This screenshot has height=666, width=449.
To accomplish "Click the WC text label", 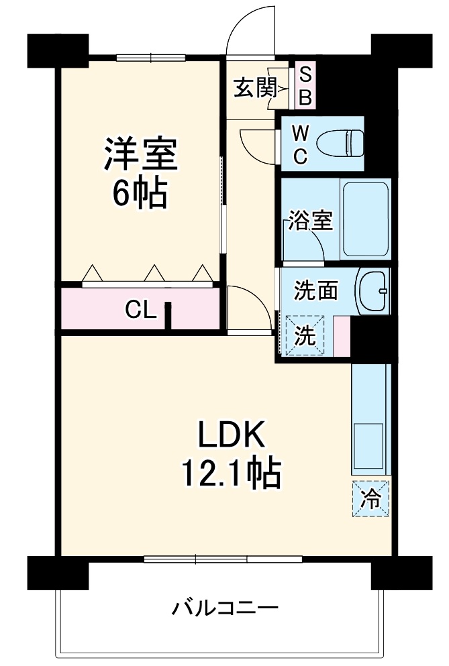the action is [x=301, y=146].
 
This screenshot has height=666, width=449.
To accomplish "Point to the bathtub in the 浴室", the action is [x=366, y=219].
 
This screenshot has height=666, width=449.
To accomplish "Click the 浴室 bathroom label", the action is [x=310, y=219].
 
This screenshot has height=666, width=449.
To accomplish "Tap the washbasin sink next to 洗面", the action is [x=373, y=290].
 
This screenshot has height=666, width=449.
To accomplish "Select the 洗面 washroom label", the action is [x=316, y=291].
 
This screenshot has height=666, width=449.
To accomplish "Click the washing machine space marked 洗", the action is [x=305, y=335].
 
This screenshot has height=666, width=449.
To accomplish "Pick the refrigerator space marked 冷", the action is [x=370, y=498].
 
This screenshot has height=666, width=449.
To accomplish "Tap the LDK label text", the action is [x=232, y=434].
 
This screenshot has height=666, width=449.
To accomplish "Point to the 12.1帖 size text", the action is [x=232, y=472].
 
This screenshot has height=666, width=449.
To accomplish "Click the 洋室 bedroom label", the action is [x=141, y=154].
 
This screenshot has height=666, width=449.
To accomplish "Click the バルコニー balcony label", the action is [x=225, y=608].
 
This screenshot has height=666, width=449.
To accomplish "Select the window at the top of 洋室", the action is [x=151, y=58].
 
